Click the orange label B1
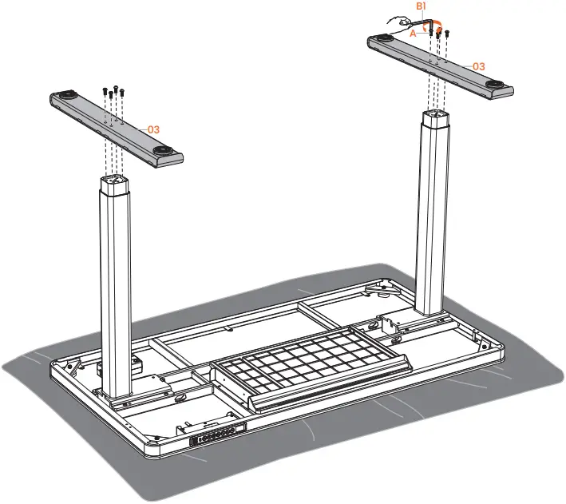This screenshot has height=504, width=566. click(421, 6)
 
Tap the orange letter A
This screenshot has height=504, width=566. click(413, 34)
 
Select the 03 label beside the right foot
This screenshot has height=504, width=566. click(479, 66)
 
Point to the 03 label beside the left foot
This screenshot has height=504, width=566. click(153, 129)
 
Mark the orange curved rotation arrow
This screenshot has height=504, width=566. click(438, 26)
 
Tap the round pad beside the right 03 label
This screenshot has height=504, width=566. click(494, 84)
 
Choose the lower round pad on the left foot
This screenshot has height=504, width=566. click(161, 150)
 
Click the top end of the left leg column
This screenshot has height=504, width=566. click(114, 181)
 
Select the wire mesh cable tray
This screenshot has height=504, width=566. click(311, 365)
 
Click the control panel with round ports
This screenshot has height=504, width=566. click(217, 434)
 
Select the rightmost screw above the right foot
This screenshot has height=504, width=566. click(447, 34)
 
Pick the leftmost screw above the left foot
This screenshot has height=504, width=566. click(105, 91)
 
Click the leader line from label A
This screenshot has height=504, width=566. click(422, 33)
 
